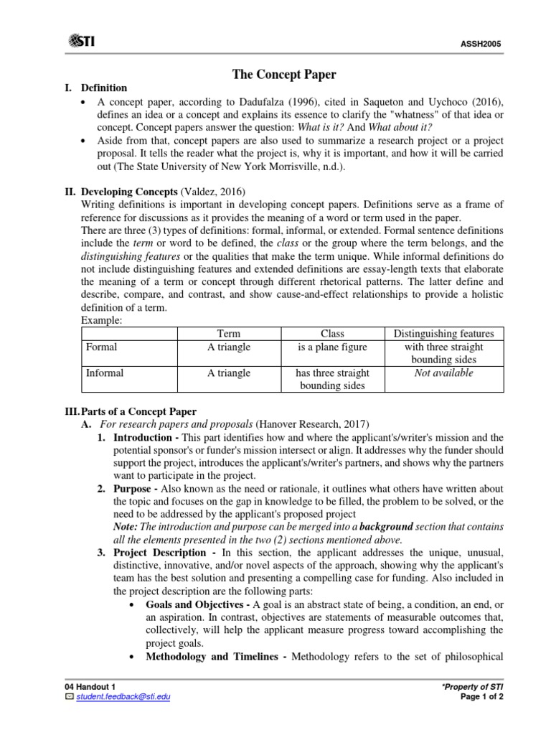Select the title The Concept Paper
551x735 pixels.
(x=275, y=74)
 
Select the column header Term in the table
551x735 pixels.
(x=228, y=334)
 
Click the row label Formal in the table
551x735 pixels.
(x=101, y=347)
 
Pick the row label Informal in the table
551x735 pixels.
(x=104, y=373)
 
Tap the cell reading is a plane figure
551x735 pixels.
(x=332, y=347)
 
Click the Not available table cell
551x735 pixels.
(x=444, y=373)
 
